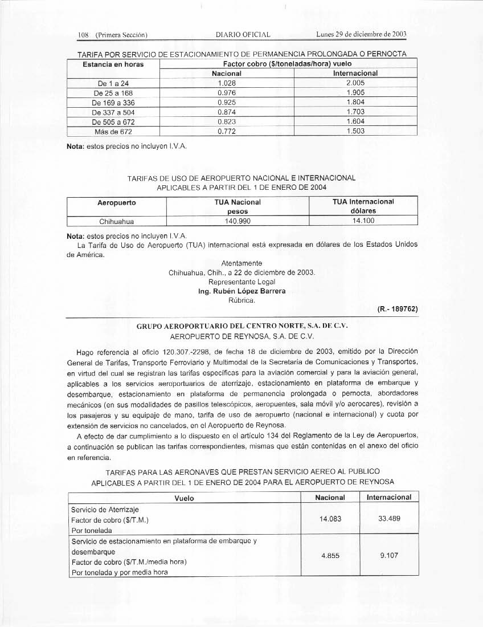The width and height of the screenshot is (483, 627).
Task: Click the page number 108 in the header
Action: tap(84, 35)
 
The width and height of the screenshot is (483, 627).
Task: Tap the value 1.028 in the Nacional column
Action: tap(227, 83)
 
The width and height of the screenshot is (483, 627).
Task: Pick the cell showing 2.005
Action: tap(355, 83)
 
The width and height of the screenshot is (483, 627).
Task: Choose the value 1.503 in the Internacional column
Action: tap(355, 132)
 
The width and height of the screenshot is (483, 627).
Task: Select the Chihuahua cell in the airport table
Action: tap(116, 221)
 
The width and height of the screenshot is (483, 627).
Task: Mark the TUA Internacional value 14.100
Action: tap(363, 221)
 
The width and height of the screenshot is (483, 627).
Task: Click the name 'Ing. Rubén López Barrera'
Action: tap(242, 291)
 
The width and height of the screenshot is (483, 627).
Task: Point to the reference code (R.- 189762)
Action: tap(398, 309)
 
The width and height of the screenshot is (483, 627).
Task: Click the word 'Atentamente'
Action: tap(242, 263)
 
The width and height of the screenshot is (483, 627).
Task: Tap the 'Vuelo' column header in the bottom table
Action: tap(184, 498)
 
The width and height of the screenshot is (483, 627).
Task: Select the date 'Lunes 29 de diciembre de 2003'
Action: tap(361, 35)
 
